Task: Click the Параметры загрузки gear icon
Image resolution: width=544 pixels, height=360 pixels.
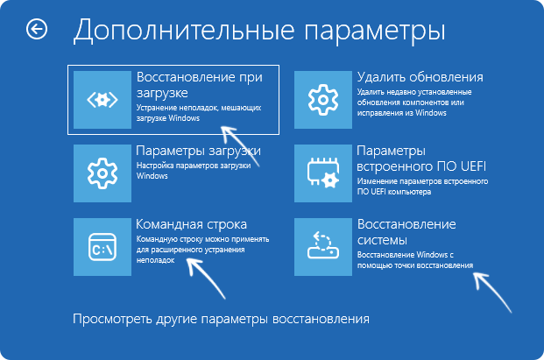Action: pyautogui.click(x=102, y=170)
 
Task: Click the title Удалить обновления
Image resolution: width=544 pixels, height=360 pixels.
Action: pyautogui.click(x=420, y=77)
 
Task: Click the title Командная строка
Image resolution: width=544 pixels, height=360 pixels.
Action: pyautogui.click(x=192, y=223)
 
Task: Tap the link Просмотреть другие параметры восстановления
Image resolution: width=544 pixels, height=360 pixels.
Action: pyautogui.click(x=221, y=317)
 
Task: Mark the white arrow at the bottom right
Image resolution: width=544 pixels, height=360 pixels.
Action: pyautogui.click(x=494, y=290)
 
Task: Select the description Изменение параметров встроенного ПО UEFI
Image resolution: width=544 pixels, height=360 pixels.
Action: pyautogui.click(x=421, y=185)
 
